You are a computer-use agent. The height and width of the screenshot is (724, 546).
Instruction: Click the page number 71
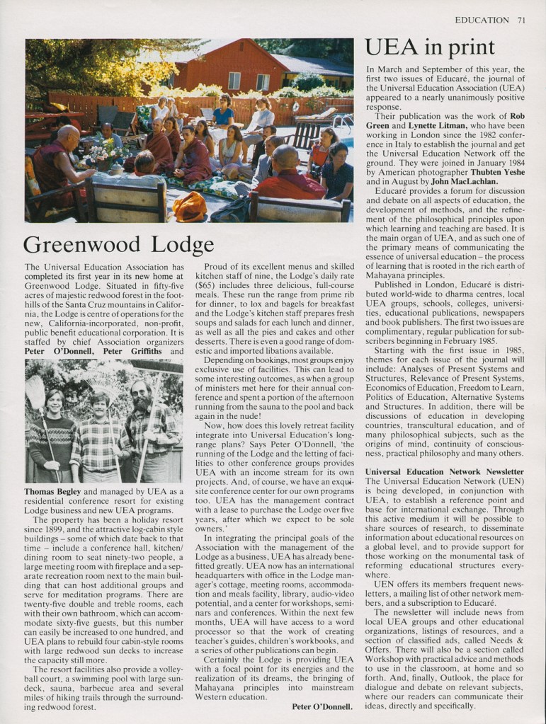pos(521,20)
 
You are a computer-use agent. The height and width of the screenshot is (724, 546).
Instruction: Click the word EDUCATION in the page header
pos(482,20)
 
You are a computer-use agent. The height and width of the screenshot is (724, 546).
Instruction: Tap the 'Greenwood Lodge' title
pos(118,245)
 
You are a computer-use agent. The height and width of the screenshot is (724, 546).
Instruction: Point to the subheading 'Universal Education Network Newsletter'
pos(444,471)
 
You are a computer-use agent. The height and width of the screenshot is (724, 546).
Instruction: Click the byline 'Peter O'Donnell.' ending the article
pos(321,706)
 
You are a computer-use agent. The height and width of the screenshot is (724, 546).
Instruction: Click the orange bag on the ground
pos(189,207)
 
